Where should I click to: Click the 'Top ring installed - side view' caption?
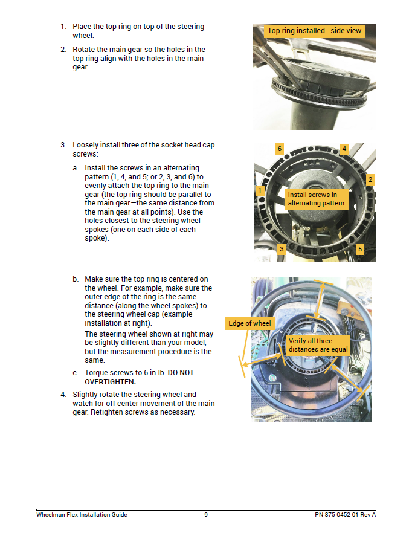click(x=315, y=31)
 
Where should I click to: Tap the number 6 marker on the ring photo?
click(x=279, y=149)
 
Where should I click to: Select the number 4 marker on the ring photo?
click(x=344, y=149)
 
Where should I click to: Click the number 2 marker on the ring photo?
click(x=370, y=179)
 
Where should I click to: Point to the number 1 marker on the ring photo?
click(x=259, y=191)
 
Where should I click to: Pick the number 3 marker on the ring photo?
click(x=282, y=249)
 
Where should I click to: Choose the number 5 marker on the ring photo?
click(x=360, y=249)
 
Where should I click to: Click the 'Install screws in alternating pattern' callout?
click(x=316, y=199)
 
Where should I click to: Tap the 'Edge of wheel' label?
click(x=249, y=323)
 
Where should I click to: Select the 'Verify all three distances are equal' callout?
click(x=318, y=345)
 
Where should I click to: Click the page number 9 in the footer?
click(x=206, y=515)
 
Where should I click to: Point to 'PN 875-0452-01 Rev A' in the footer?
click(x=345, y=515)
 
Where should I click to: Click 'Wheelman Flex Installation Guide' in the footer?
click(x=82, y=515)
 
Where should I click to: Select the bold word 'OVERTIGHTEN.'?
click(x=110, y=381)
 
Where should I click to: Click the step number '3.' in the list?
click(x=63, y=145)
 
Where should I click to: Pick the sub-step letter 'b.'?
click(x=76, y=279)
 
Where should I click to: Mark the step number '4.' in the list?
click(x=63, y=395)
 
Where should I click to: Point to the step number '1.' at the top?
click(x=63, y=27)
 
